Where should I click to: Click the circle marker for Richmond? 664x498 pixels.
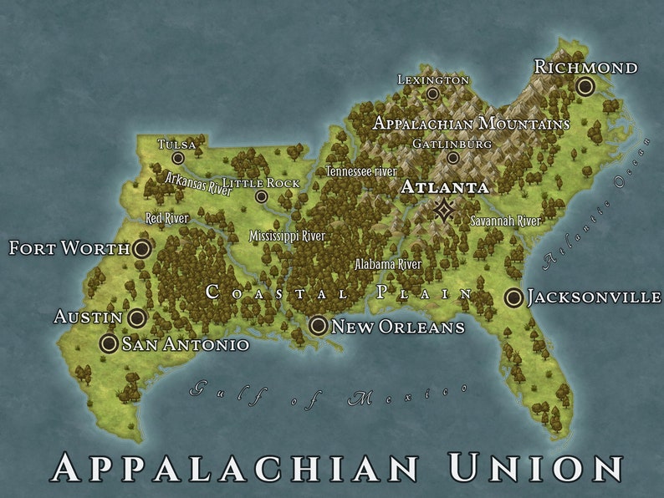coord(585,86)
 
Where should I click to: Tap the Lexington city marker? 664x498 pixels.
coord(432,94)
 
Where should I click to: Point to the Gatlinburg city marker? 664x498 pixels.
coord(452,158)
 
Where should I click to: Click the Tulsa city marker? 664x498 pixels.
coord(178,158)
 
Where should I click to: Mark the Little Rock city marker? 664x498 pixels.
coord(262,197)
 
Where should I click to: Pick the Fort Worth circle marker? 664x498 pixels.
coord(142,248)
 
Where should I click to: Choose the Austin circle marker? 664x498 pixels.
coord(137,318)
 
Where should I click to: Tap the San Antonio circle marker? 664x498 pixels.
coord(109,343)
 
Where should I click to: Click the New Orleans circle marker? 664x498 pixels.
coord(319,326)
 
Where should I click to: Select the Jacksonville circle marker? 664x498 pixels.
coord(513,297)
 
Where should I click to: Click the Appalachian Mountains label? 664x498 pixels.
coord(471,124)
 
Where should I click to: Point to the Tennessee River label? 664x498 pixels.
coord(361,171)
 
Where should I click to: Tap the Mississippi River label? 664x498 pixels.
coord(287,236)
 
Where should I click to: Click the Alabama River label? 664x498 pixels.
coord(388,264)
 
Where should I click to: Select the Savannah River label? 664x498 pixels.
coord(506,221)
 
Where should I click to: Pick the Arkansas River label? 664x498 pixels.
coord(198,183)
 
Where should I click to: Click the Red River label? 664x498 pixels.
coord(167,218)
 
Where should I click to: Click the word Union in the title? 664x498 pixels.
coord(535,467)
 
